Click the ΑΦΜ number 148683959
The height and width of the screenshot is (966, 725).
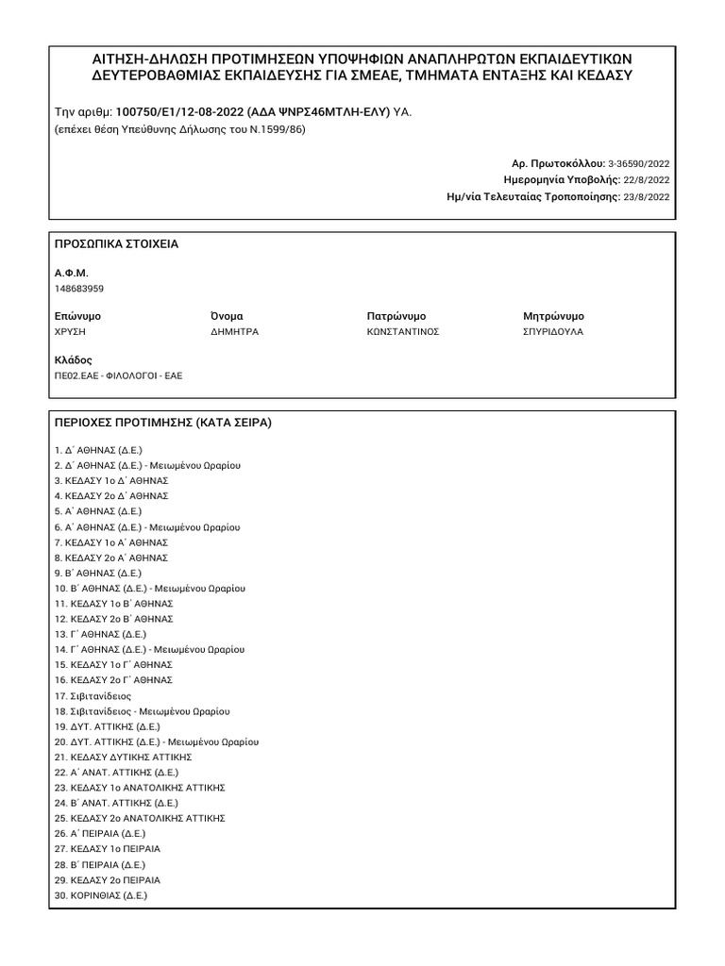(79, 289)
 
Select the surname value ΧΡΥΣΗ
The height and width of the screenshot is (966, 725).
(71, 332)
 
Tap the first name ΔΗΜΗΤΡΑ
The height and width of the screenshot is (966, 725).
(234, 332)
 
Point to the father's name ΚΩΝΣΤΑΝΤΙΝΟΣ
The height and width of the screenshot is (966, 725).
(403, 332)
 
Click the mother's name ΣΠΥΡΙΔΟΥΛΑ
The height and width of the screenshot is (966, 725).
(553, 332)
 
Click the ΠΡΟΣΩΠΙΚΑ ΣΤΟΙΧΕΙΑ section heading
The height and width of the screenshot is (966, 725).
(117, 244)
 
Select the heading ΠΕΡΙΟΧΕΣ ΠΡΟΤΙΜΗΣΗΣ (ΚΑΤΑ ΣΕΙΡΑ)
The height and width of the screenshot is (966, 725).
(163, 423)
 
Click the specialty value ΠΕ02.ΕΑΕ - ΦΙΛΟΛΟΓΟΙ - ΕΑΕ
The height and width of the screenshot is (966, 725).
(119, 375)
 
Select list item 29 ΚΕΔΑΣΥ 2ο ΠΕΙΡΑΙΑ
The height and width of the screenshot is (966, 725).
(108, 880)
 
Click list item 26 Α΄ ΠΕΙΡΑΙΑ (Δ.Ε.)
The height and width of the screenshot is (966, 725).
(100, 834)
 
